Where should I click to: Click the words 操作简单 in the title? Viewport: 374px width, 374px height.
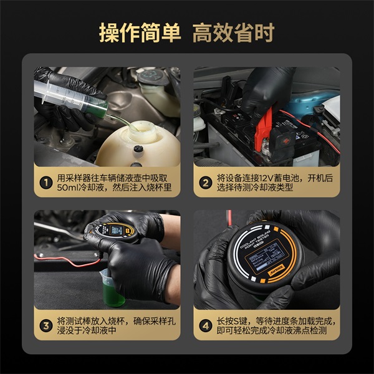click(x=140, y=33)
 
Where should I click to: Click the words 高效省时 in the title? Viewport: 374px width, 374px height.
click(x=233, y=33)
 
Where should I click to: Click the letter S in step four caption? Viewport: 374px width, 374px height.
click(x=245, y=320)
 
